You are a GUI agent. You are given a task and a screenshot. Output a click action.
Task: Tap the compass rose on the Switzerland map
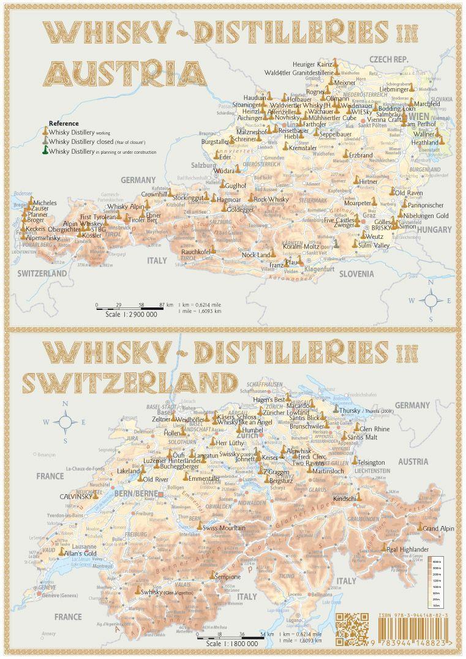click(x=66, y=422)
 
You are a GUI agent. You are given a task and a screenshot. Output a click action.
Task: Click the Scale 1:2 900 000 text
click(x=132, y=314)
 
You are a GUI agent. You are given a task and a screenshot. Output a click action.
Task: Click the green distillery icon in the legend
click(x=45, y=151)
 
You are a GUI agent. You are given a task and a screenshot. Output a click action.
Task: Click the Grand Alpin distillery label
click(x=438, y=528)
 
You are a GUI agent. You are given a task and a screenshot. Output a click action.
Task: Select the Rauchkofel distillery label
click(x=195, y=252)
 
